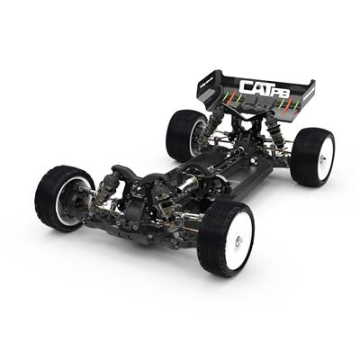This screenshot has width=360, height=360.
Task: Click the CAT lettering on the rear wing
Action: pyautogui.click(x=253, y=87)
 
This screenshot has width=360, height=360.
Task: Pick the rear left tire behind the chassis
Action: pyautogui.click(x=186, y=133)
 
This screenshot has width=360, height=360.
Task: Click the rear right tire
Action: pyautogui.click(x=310, y=155)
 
